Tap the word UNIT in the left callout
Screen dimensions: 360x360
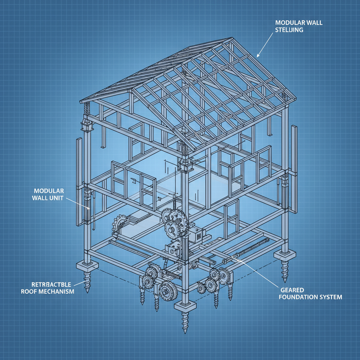click(55, 198)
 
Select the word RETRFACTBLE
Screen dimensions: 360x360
click(51, 284)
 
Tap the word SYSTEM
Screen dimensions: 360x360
click(330, 297)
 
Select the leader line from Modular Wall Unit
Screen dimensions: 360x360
click(78, 203)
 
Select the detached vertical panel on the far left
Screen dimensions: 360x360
click(79, 181)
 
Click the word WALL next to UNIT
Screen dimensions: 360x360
click(39, 198)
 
